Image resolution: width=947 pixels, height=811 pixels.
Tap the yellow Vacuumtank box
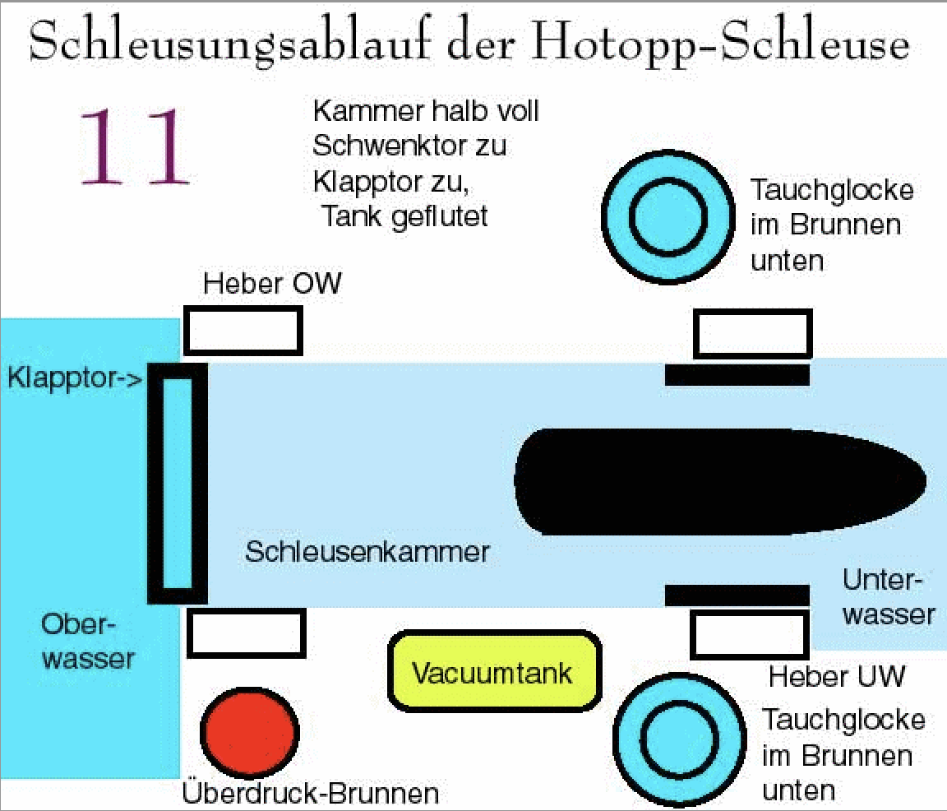click(x=492, y=671)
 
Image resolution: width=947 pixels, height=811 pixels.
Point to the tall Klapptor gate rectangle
click(x=177, y=484)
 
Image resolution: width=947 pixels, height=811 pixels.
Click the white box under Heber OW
click(x=243, y=330)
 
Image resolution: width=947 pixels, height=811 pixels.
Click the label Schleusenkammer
click(x=367, y=550)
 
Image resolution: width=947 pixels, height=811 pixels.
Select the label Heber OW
click(x=272, y=285)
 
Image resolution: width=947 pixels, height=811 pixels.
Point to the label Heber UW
click(x=836, y=677)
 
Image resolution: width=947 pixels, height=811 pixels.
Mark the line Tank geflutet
click(x=404, y=216)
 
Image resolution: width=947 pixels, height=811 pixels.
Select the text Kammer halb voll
click(x=426, y=111)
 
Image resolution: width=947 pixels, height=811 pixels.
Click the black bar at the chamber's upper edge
click(x=737, y=375)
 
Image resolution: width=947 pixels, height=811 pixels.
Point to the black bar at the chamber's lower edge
click(x=737, y=595)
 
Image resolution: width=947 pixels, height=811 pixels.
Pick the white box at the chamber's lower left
click(x=247, y=633)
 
